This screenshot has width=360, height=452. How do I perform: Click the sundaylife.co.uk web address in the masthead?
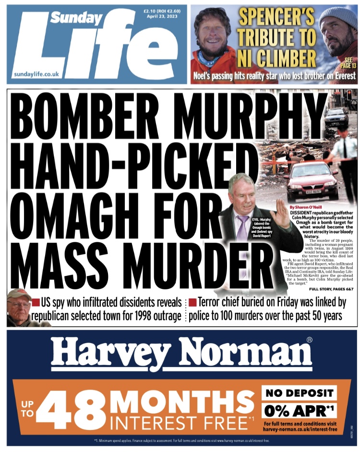pyautogui.click(x=36, y=74)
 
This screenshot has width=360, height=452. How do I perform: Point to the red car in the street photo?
pyautogui.click(x=312, y=180)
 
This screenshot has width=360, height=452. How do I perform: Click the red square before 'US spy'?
pyautogui.click(x=36, y=302)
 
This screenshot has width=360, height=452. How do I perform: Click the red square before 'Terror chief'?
pyautogui.click(x=192, y=302)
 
